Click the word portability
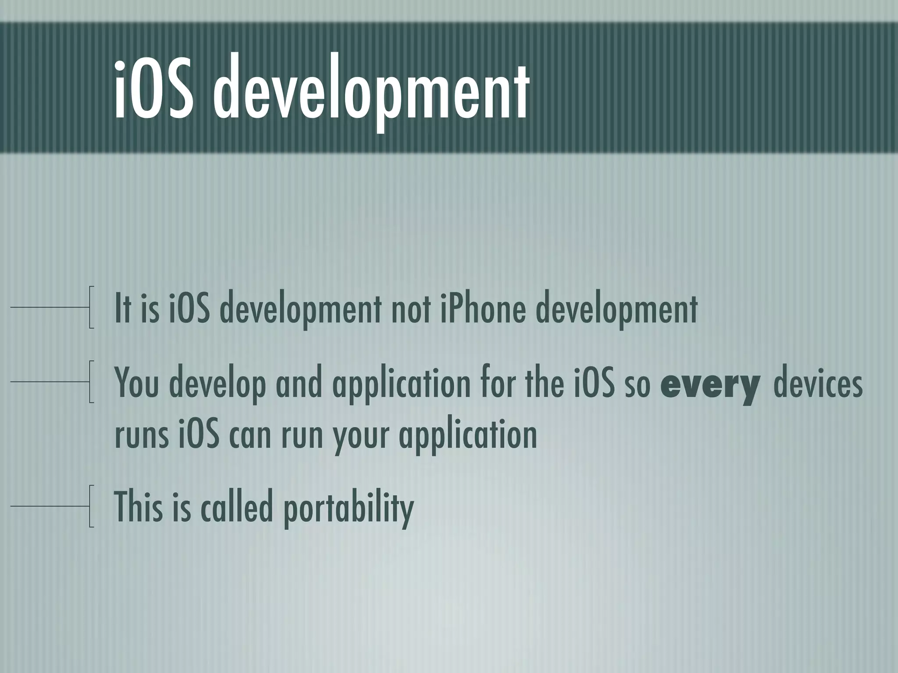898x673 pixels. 348,508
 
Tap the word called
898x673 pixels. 237,506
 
